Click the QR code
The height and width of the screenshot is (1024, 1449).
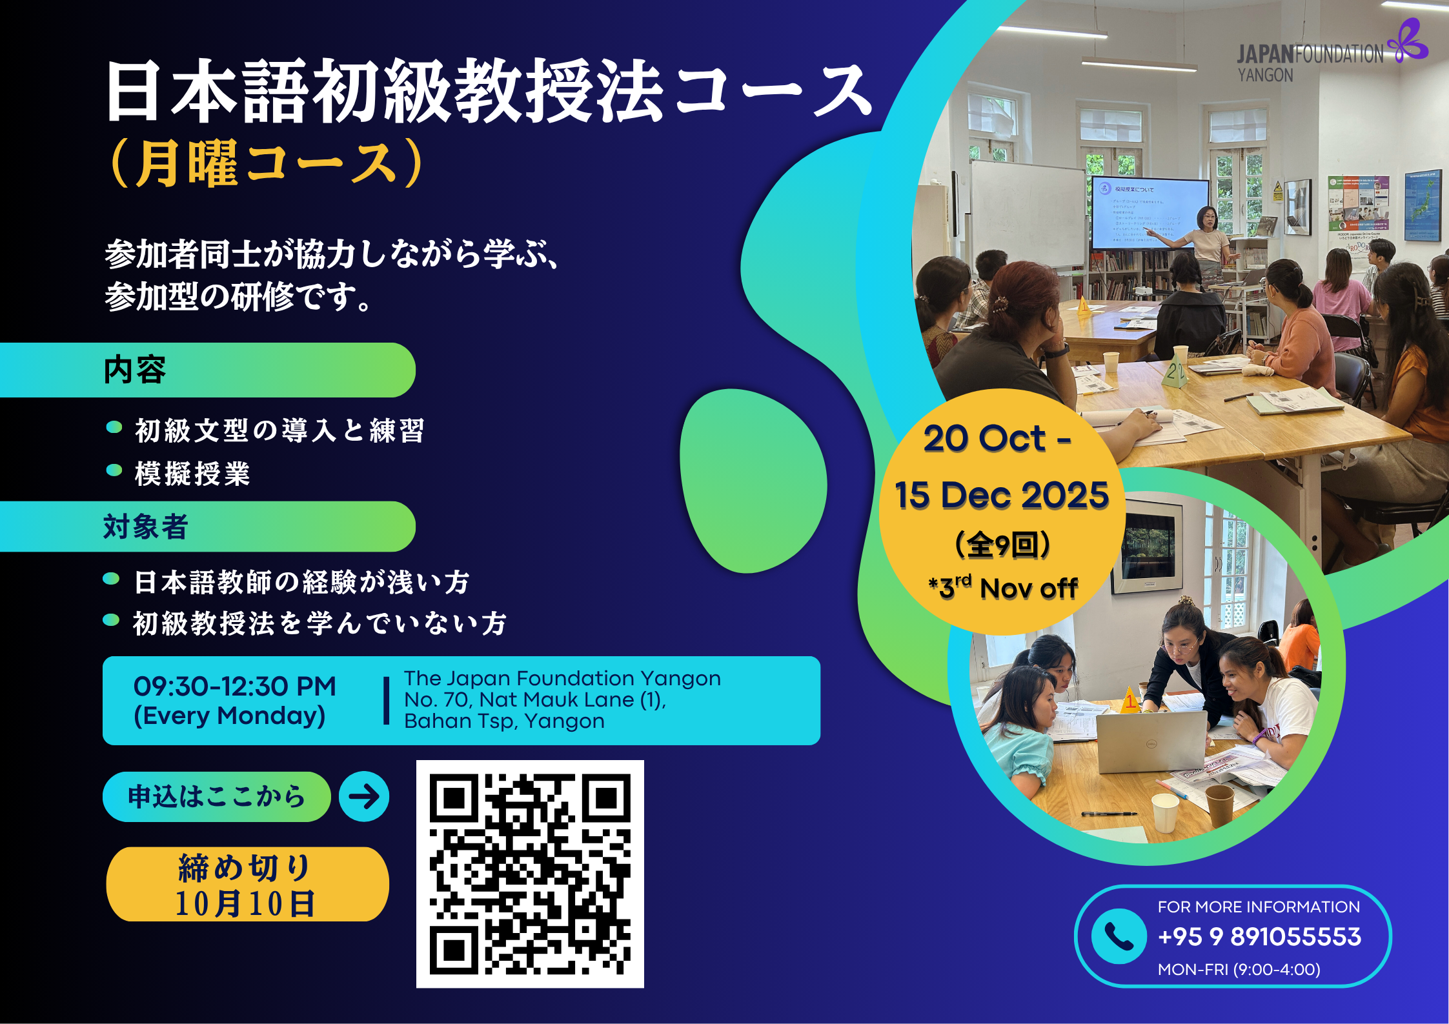pyautogui.click(x=530, y=874)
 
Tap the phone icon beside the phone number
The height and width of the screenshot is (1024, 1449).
pyautogui.click(x=1119, y=936)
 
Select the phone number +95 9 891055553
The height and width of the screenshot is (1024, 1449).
pyautogui.click(x=1259, y=937)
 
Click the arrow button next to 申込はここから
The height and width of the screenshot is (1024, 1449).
pyautogui.click(x=364, y=796)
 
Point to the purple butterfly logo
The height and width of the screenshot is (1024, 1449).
pyautogui.click(x=1410, y=41)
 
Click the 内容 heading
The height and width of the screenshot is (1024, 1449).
pyautogui.click(x=135, y=370)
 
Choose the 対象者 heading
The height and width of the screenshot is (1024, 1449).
pyautogui.click(x=146, y=527)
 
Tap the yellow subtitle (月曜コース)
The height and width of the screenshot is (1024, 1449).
pyautogui.click(x=267, y=164)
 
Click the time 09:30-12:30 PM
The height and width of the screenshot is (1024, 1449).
pyautogui.click(x=235, y=687)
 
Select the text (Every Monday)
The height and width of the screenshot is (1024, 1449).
pyautogui.click(x=230, y=716)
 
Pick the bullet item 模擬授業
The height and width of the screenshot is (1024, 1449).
pyautogui.click(x=192, y=474)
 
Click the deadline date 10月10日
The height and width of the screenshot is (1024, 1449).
pyautogui.click(x=245, y=903)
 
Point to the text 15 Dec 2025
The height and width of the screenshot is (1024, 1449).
pyautogui.click(x=1002, y=495)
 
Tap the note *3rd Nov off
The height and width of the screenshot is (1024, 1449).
pyautogui.click(x=1003, y=587)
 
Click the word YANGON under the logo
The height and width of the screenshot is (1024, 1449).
pyautogui.click(x=1265, y=75)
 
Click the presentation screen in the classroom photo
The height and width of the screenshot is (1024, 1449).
pyautogui.click(x=1149, y=213)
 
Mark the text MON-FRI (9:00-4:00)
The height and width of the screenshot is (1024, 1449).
pyautogui.click(x=1239, y=969)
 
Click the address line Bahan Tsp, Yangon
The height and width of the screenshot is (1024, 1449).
pyautogui.click(x=505, y=721)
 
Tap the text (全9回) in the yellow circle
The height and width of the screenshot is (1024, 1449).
pyautogui.click(x=1002, y=545)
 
